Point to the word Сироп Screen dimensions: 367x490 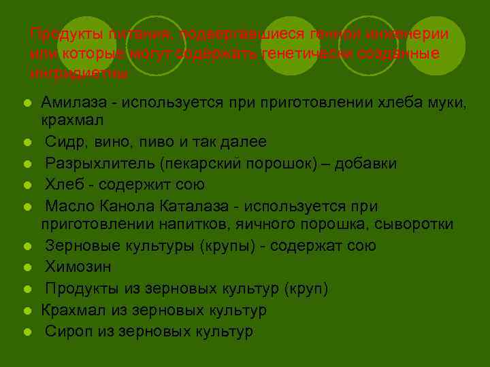point(66,332)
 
